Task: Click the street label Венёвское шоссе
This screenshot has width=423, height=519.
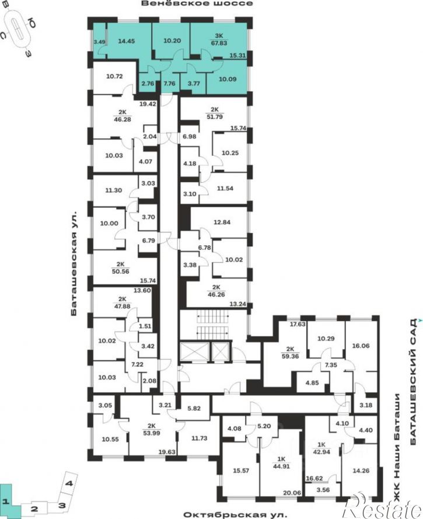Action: point(197,4)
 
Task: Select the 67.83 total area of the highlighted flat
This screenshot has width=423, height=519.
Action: point(219,43)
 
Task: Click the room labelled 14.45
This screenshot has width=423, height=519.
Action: point(126,41)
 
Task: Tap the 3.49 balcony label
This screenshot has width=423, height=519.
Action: point(100,42)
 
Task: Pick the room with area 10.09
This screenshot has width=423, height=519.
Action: point(228,79)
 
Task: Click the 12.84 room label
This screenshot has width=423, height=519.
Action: point(222,222)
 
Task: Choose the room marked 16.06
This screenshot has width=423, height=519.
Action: point(361,346)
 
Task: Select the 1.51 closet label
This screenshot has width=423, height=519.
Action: point(145,326)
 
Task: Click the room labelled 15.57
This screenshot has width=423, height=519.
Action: point(241,471)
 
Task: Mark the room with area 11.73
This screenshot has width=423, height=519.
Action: point(199,438)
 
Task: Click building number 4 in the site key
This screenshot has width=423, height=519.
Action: point(69,483)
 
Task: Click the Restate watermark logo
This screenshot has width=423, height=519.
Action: point(384,506)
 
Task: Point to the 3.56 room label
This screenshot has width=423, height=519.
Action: point(323,490)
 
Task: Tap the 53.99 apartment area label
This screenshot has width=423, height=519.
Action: point(152,433)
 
